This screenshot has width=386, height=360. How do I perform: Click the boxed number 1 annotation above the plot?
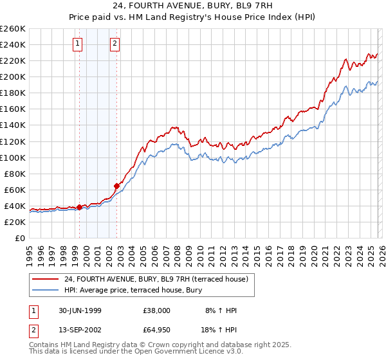pyautogui.click(x=78, y=44)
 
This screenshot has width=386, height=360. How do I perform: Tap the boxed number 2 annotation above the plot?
pyautogui.click(x=115, y=44)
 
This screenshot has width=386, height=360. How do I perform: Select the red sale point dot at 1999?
pyautogui.click(x=80, y=207)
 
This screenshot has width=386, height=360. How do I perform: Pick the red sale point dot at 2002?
pyautogui.click(x=116, y=185)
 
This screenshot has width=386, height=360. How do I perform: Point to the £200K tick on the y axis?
pyautogui.click(x=13, y=76)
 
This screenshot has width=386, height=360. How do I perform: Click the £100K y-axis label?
pyautogui.click(x=13, y=157)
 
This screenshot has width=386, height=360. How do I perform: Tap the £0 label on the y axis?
pyautogui.click(x=19, y=238)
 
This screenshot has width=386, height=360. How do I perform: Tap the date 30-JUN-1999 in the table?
pyautogui.click(x=75, y=310)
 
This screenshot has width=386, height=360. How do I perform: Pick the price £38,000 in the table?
pyautogui.click(x=157, y=310)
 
